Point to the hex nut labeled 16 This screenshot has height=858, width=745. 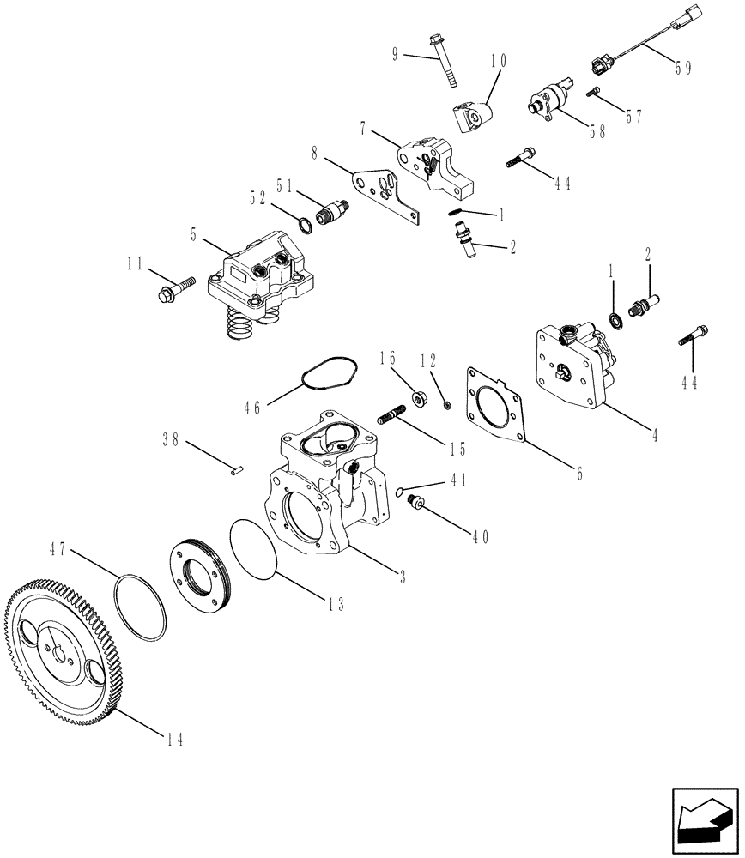(x=421, y=397)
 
